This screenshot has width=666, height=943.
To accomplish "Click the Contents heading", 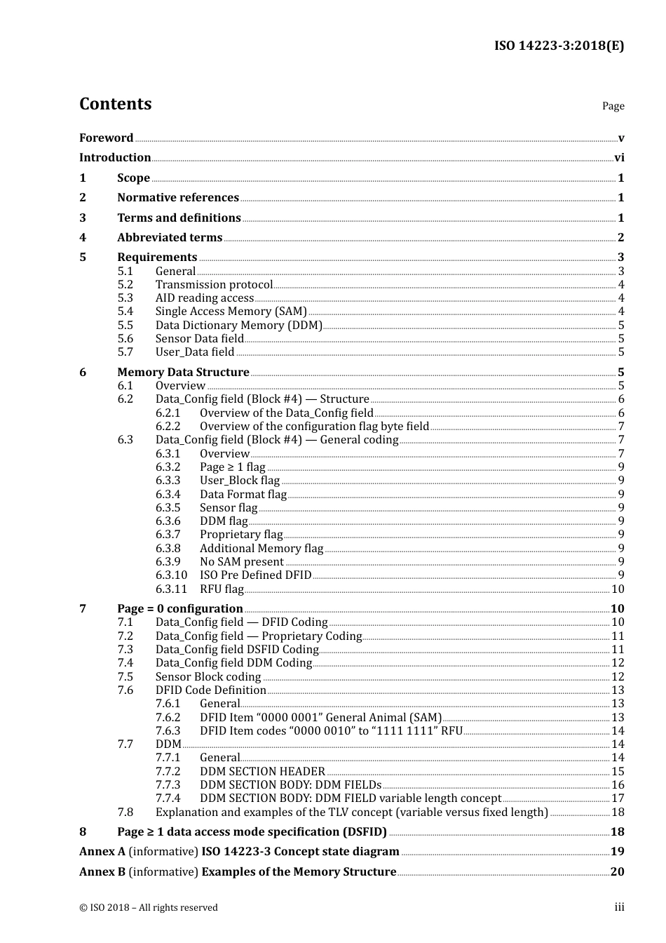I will (x=115, y=104).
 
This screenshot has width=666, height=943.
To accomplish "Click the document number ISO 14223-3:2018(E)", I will (x=559, y=46).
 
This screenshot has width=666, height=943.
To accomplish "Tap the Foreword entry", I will (x=106, y=138).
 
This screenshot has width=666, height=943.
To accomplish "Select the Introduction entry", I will (x=115, y=158).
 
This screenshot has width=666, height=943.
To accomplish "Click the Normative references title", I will (x=178, y=198).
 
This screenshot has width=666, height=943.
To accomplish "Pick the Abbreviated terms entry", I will (x=170, y=238).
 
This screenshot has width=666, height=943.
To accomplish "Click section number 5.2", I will (x=125, y=285).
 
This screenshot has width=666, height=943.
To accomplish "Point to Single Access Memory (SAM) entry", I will (x=231, y=312).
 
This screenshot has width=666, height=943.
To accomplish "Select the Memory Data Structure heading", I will (x=183, y=373).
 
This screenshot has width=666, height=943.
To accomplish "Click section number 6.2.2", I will (x=168, y=427).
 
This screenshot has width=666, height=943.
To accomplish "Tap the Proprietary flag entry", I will (x=241, y=535).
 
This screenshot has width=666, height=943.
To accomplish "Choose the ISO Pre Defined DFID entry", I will (x=255, y=575).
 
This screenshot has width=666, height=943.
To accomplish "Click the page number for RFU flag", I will (x=617, y=589).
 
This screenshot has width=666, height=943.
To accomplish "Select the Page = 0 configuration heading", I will (x=179, y=609).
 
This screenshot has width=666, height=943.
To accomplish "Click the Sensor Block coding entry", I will (x=208, y=677).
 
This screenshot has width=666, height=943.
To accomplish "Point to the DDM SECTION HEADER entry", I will (x=262, y=772).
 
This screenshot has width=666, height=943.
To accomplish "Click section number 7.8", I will (x=125, y=812).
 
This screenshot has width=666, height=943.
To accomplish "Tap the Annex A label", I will (x=102, y=852).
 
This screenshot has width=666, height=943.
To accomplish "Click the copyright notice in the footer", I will (x=149, y=908).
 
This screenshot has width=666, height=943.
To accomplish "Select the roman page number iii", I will (x=619, y=907).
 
